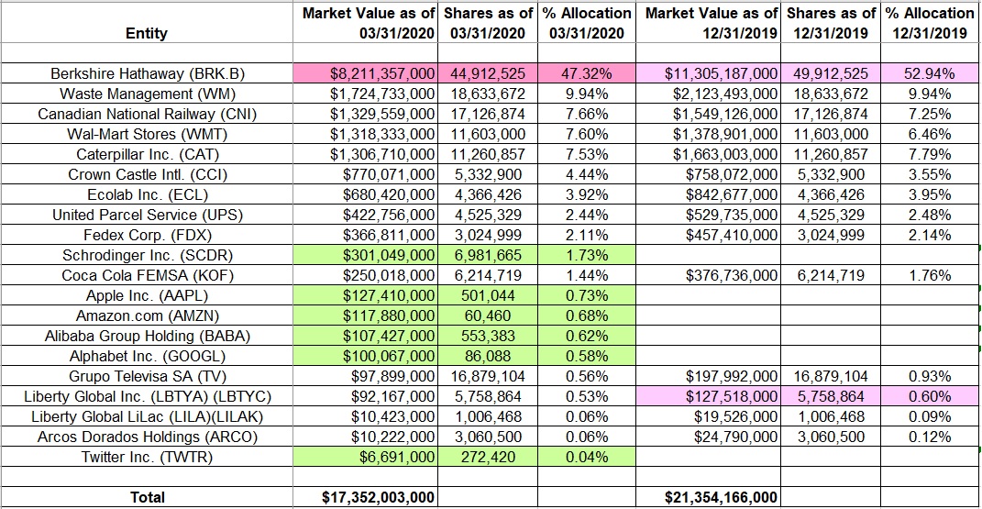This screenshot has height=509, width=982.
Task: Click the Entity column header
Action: tap(147, 33)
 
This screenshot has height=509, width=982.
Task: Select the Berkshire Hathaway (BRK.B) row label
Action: tap(147, 73)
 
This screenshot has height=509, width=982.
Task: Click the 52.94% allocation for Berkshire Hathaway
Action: tap(928, 73)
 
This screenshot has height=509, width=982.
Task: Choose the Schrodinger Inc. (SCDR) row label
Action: tap(147, 255)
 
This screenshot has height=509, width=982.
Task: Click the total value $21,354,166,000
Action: tap(721, 497)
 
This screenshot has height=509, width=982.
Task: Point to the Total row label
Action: tap(147, 497)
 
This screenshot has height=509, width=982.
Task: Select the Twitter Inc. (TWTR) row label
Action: tap(147, 457)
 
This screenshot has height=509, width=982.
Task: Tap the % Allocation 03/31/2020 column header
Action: tap(588, 23)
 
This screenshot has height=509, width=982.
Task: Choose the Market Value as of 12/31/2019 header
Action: tap(712, 23)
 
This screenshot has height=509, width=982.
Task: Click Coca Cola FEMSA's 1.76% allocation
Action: tap(928, 275)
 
